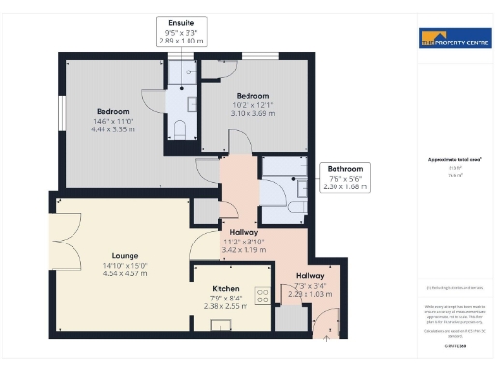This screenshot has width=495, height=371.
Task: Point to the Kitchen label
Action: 225,288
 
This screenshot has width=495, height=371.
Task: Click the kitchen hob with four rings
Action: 261,295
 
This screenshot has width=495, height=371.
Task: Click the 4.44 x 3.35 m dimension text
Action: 111,128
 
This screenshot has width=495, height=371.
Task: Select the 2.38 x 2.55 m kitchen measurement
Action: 225,306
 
